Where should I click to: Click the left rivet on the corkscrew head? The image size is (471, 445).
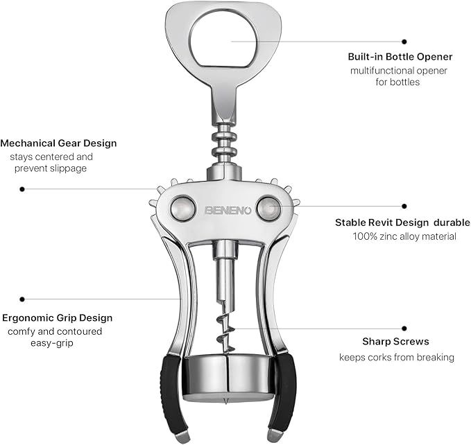coord(183,209)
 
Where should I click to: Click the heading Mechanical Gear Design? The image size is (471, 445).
coord(59,143)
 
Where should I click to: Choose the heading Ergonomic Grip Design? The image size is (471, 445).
coord(57,318)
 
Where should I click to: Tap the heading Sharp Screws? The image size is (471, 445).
coord(395,342)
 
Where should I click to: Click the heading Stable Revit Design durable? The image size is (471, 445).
coord(402,222)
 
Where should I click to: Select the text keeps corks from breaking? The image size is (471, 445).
coord(396,357)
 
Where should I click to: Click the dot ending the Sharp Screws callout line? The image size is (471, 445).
coord(404,328)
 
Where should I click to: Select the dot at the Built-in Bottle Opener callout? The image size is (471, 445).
coord(404,42)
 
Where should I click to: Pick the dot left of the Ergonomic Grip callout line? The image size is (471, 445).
coord(22,299)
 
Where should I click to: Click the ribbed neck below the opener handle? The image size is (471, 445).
coord(223,142)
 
